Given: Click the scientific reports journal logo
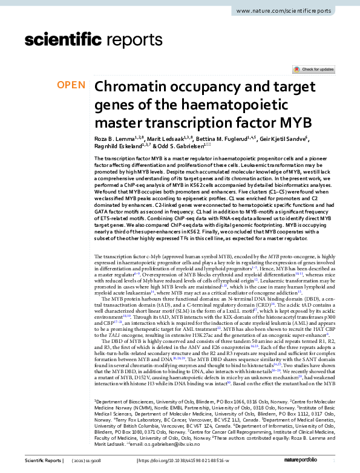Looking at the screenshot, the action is point(84,41).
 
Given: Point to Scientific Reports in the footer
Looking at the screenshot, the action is point(42,462).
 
